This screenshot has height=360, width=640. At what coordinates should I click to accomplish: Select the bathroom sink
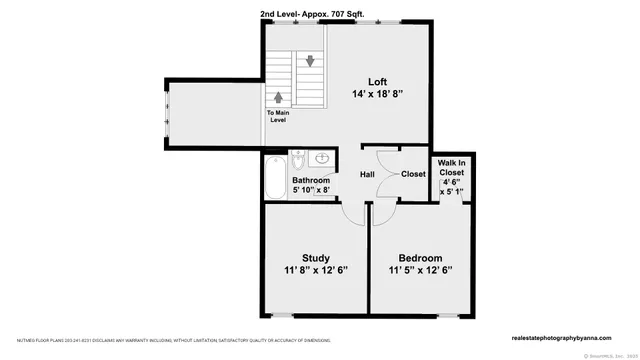point(320,159)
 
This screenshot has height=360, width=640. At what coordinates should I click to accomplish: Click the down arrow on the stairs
point(312,60)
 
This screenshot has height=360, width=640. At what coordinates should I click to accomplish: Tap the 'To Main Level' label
point(279,116)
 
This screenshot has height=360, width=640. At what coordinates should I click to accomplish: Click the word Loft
point(376,82)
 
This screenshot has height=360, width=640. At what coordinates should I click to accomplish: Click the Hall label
point(367,174)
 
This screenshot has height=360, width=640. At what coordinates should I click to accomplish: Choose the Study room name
point(314,257)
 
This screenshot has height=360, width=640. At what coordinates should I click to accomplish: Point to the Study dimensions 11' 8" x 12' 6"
point(314,270)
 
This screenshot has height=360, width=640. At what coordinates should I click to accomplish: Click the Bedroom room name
point(420,257)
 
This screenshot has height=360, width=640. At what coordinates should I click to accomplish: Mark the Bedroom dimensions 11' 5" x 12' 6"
point(420,270)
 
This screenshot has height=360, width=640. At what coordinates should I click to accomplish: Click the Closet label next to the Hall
point(413,174)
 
